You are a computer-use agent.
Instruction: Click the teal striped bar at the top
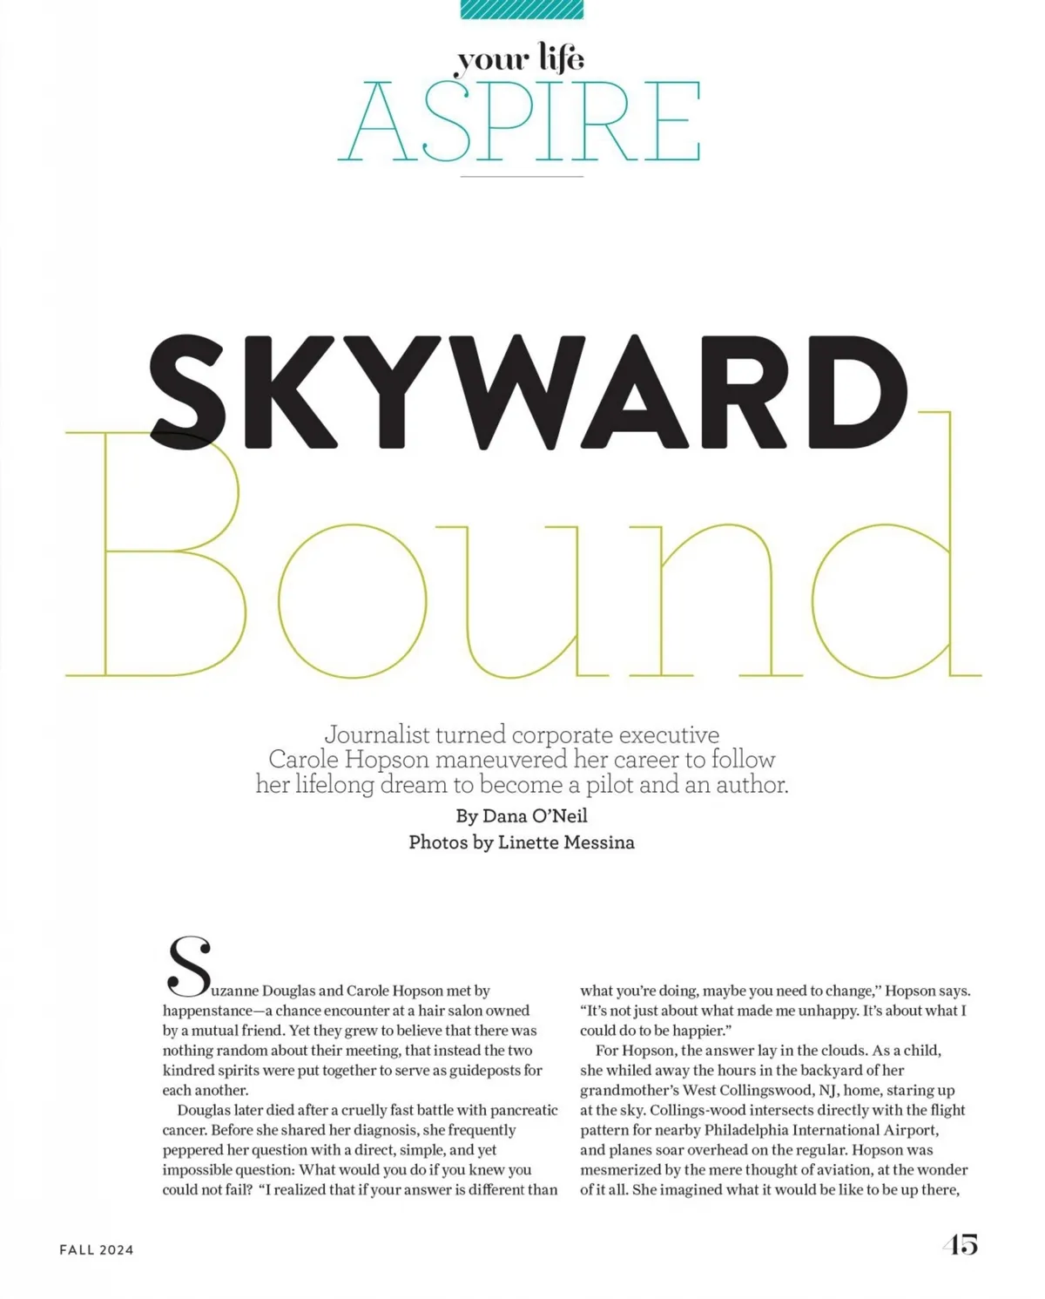click(522, 9)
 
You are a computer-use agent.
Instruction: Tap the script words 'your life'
click(521, 58)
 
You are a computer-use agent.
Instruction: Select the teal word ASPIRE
click(520, 121)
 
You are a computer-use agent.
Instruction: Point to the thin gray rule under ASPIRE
click(522, 177)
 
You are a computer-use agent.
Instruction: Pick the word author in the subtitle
click(751, 785)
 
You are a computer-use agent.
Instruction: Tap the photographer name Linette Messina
click(566, 842)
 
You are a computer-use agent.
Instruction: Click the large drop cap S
click(189, 966)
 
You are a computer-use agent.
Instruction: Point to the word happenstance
click(207, 1011)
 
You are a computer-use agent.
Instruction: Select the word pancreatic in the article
click(524, 1110)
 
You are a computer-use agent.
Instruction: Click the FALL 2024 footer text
click(97, 1249)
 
